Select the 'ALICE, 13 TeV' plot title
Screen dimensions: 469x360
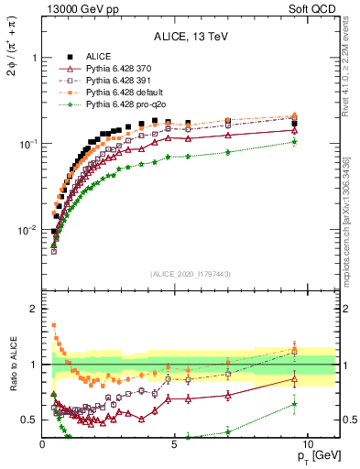point(191,36)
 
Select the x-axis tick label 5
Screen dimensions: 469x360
point(175,443)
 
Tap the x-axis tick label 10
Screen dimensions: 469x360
point(307,443)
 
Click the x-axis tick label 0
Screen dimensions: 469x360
point(43,443)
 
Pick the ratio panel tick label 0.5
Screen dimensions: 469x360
point(28,420)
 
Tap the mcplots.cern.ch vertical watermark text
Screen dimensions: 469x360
point(349,220)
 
